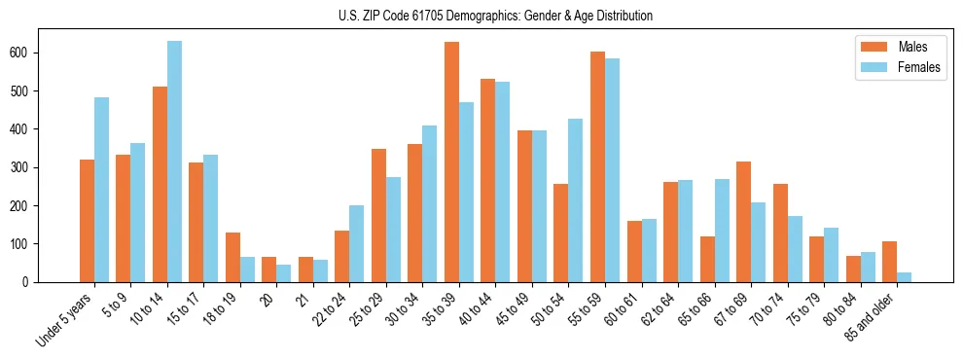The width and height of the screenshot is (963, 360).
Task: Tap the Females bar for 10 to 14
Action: coord(174,162)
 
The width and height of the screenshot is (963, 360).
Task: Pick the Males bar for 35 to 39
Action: coord(451,162)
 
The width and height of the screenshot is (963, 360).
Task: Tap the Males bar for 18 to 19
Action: coord(232,257)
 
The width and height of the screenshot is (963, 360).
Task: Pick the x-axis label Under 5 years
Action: coord(66,318)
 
